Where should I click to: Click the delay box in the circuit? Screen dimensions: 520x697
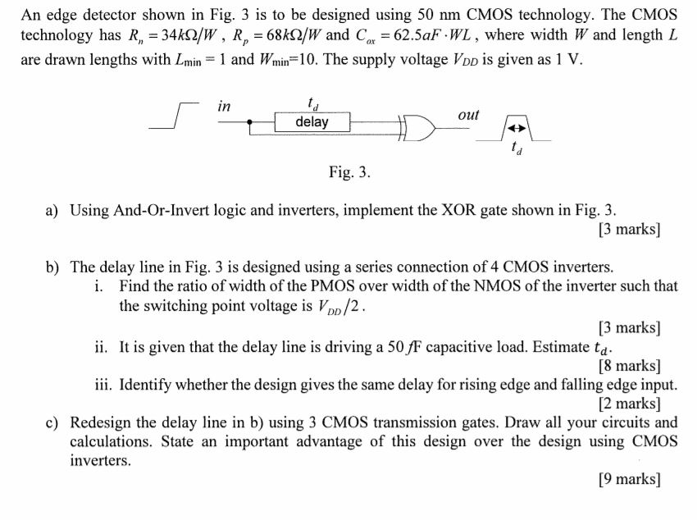[312, 122]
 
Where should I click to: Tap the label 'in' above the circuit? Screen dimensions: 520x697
[225, 106]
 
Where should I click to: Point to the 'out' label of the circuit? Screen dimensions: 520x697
[468, 116]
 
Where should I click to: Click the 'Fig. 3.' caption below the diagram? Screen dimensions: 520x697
[350, 172]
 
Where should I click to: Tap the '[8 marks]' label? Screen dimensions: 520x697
[630, 366]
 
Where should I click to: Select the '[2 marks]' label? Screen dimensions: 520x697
[630, 404]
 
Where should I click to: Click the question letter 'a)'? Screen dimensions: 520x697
[52, 210]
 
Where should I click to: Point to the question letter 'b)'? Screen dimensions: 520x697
[52, 267]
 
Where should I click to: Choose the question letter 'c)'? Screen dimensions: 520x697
[52, 423]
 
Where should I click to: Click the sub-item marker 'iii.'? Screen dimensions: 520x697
[102, 385]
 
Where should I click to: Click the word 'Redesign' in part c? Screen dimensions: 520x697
[103, 423]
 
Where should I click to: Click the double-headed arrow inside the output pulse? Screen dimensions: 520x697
[514, 130]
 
